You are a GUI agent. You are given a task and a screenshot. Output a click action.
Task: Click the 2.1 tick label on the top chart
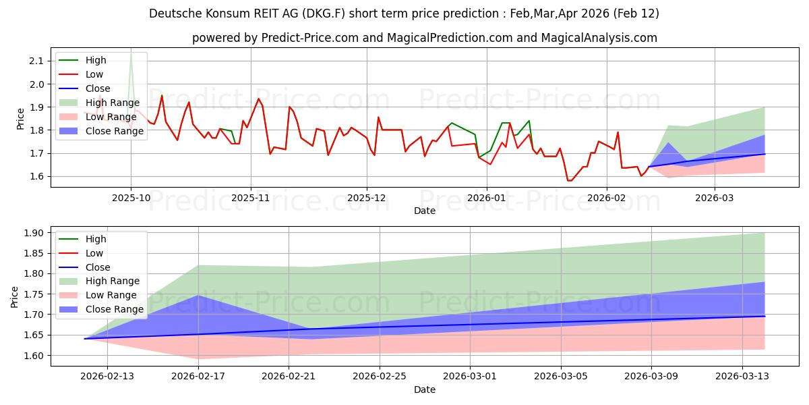36,61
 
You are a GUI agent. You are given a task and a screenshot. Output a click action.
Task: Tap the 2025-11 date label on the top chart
251,198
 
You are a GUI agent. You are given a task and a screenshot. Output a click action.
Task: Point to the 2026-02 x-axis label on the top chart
607,198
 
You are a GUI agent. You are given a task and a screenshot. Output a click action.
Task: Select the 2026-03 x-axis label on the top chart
715,198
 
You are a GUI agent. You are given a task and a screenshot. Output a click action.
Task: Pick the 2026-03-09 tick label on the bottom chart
651,377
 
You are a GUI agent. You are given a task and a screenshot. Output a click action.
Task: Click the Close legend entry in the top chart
98,88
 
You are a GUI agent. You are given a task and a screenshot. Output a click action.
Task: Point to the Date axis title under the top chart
425,211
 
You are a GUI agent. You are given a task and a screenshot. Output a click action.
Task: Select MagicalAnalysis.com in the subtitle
602,38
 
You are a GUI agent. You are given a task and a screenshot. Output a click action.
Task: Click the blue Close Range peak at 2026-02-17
198,296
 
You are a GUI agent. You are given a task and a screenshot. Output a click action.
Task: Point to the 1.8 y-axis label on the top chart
36,130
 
